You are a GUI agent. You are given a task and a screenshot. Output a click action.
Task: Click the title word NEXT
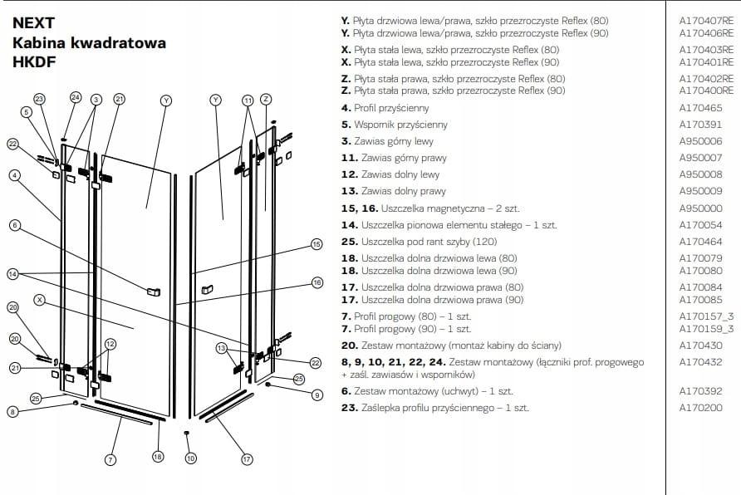(33, 22)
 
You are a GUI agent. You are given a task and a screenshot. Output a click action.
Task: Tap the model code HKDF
(34, 61)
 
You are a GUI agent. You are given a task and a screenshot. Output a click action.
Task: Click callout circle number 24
(76, 97)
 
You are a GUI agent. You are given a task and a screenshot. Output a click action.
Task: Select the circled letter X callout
(40, 300)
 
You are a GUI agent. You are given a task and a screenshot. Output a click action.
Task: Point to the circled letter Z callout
(266, 99)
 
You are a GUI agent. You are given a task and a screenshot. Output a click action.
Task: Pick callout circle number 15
(317, 244)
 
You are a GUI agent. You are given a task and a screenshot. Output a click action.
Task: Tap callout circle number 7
(110, 459)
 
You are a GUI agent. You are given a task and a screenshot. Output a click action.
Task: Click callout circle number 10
(190, 458)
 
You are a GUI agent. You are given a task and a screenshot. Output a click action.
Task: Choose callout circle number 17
(247, 459)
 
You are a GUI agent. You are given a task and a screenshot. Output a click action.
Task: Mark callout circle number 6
(15, 225)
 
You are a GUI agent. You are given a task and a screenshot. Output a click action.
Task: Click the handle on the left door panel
(154, 292)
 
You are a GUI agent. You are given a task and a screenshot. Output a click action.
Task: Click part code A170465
(700, 108)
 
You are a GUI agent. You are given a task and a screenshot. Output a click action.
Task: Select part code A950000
(700, 208)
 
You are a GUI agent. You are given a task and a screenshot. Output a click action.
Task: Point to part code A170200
(700, 408)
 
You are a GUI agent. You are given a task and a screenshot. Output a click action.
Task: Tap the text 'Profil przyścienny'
(391, 109)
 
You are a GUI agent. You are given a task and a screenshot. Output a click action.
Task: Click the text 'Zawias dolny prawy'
(404, 191)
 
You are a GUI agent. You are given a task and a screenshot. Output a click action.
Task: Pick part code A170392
(700, 391)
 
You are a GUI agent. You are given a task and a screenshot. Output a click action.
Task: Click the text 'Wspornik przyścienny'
(400, 125)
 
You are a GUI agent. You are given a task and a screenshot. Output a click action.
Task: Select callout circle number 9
(317, 395)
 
